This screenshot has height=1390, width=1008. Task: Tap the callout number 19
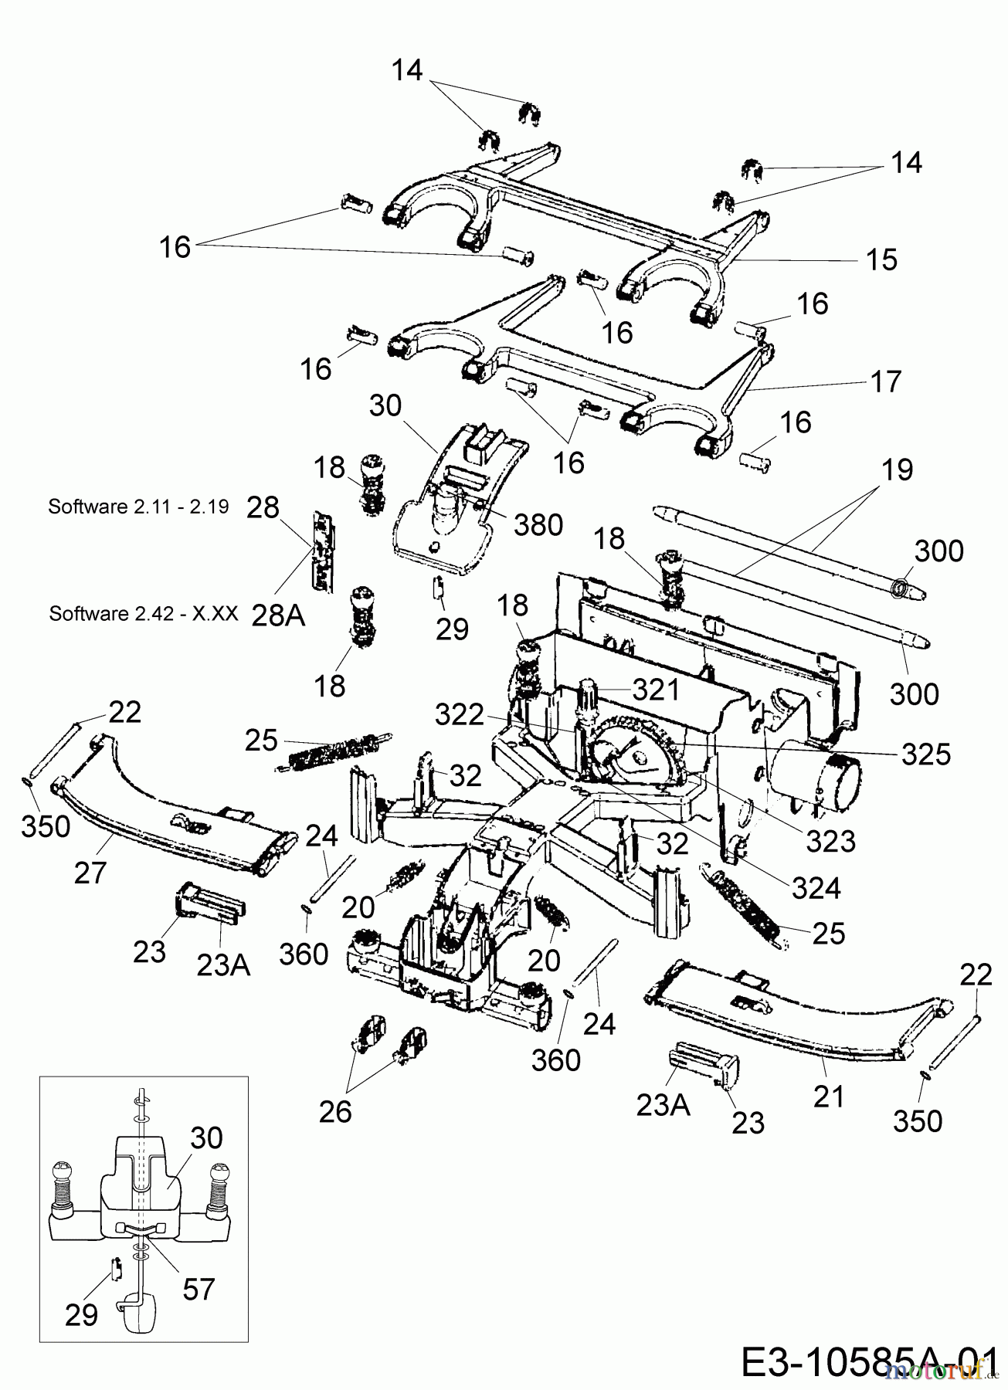(x=897, y=470)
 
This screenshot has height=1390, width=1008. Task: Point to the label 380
(x=538, y=525)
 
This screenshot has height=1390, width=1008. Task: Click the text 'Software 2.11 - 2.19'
(x=138, y=507)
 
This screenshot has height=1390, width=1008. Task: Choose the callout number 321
(x=657, y=690)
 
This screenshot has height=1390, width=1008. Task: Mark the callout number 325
(x=926, y=754)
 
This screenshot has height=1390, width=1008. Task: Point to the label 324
(x=816, y=888)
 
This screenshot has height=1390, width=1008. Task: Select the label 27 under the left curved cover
(x=90, y=873)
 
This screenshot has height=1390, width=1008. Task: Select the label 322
(x=460, y=716)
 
